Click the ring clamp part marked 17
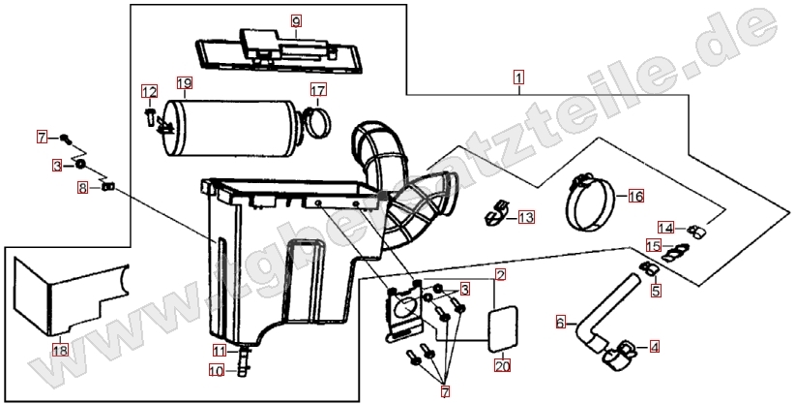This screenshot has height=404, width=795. coord(319,123)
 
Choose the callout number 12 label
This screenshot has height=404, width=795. coord(148,92)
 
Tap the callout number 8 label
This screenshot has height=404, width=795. coord(82,187)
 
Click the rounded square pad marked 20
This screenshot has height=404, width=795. coord(500,327)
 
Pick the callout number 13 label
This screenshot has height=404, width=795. coord(525,218)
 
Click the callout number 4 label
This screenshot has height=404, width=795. coord(655,344)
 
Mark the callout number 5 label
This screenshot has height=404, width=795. coord(655,289)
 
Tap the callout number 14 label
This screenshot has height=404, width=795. coord(666,228)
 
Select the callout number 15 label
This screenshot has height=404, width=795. coord(653,246)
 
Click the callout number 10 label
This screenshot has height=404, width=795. coord(219,369)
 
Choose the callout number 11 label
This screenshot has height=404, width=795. coord(219,350)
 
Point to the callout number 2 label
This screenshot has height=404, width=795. coord(500,275)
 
